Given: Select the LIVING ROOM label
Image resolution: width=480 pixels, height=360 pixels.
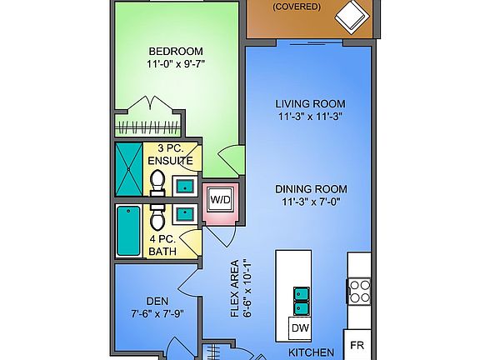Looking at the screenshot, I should [310, 104].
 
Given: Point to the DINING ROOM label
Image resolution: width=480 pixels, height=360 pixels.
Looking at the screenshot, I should [311, 188].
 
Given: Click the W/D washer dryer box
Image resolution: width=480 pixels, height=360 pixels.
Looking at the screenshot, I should [220, 200].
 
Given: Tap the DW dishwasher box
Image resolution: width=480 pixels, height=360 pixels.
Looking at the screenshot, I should [300, 328].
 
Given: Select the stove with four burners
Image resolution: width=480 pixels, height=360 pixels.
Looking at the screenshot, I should [358, 292].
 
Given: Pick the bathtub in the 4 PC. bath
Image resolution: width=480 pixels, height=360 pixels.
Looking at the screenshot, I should [129, 231].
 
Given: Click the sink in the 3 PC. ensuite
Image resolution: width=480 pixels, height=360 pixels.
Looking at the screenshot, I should [184, 186].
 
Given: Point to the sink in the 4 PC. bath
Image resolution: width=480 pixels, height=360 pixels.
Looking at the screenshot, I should [184, 214].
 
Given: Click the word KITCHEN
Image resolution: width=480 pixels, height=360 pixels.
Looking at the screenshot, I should [311, 352].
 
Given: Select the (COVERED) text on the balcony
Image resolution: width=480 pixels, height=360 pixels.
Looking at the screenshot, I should [297, 6].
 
